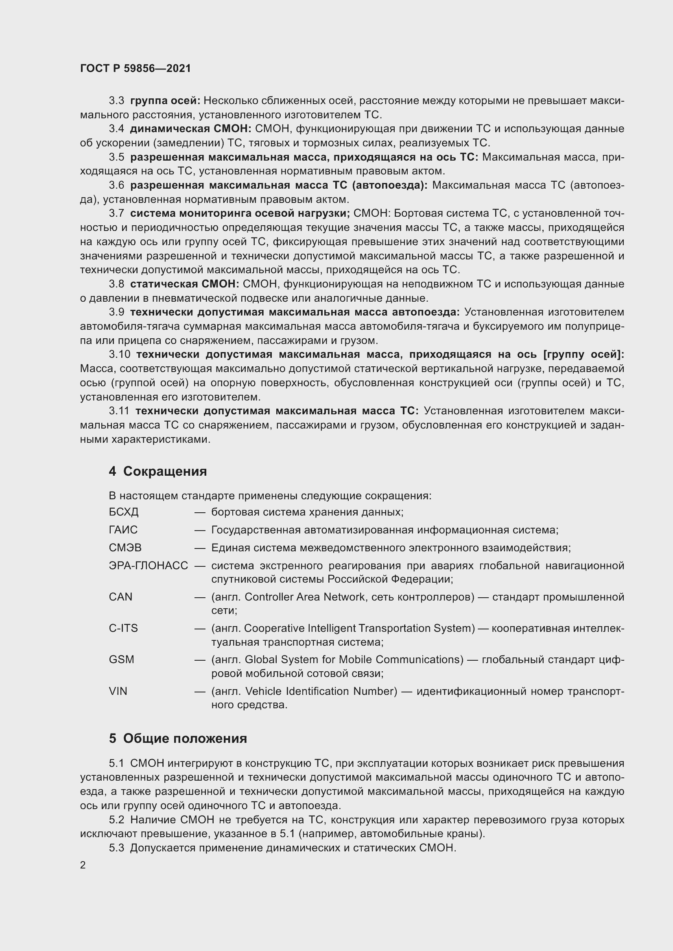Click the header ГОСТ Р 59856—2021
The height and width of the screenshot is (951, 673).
(135, 68)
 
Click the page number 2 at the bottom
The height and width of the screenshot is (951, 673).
(83, 865)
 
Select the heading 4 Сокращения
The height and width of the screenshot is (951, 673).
(157, 471)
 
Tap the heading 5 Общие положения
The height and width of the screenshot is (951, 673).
(178, 738)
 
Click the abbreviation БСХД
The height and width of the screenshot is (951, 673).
(124, 512)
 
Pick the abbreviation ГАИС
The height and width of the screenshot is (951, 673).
(123, 530)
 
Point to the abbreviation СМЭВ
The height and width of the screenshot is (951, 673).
(125, 548)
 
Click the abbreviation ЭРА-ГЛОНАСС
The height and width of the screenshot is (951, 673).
(149, 566)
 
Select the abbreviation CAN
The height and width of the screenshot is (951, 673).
(120, 597)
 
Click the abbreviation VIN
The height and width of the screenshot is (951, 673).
(118, 691)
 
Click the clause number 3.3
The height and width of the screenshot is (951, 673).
(116, 101)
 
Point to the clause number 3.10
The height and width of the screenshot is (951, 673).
(120, 354)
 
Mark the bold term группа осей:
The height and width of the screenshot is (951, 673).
(165, 101)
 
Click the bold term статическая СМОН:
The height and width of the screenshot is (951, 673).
(184, 284)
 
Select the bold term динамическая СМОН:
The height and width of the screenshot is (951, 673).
(190, 129)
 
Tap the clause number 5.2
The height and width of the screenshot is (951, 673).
(116, 820)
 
